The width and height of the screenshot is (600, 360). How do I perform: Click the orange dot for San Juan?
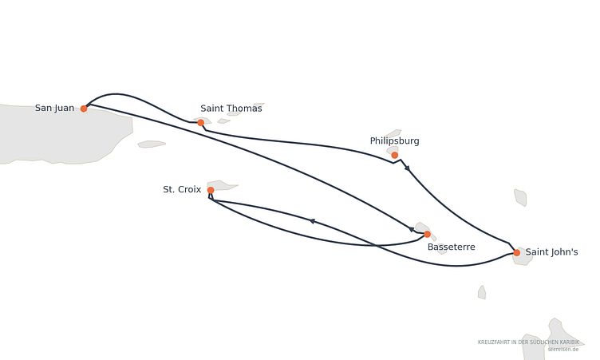pyautogui.click(x=84, y=109)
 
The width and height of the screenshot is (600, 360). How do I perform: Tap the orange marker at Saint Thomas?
pyautogui.click(x=200, y=123)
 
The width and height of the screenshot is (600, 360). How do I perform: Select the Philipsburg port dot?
pyautogui.click(x=394, y=155)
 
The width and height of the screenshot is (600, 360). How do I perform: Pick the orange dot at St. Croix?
pyautogui.click(x=211, y=190)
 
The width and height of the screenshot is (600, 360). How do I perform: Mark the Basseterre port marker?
pyautogui.click(x=427, y=234)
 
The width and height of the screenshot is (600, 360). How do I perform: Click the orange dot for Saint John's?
pyautogui.click(x=516, y=252)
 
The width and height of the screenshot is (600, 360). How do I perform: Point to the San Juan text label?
pyautogui.click(x=55, y=108)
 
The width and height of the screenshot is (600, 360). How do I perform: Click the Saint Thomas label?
pyautogui.click(x=231, y=109)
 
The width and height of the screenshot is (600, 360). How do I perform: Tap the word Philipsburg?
pyautogui.click(x=394, y=141)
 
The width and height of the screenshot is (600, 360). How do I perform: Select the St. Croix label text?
pyautogui.click(x=182, y=189)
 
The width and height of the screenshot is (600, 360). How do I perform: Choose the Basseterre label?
pyautogui.click(x=451, y=247)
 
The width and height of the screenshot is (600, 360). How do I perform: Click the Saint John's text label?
pyautogui.click(x=551, y=252)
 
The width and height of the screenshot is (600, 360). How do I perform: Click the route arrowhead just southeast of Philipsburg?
pyautogui.click(x=408, y=168)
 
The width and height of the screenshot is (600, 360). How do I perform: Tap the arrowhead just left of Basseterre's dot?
pyautogui.click(x=412, y=229)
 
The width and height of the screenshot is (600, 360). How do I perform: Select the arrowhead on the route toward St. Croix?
pyautogui.click(x=312, y=221)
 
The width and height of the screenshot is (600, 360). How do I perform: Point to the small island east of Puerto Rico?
pyautogui.click(x=152, y=144)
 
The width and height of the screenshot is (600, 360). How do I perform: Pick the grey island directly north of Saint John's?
pyautogui.click(x=520, y=197)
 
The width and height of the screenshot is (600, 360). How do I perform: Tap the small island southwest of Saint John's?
pyautogui.click(x=482, y=293)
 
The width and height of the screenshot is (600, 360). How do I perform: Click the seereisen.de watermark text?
pyautogui.click(x=562, y=350)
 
